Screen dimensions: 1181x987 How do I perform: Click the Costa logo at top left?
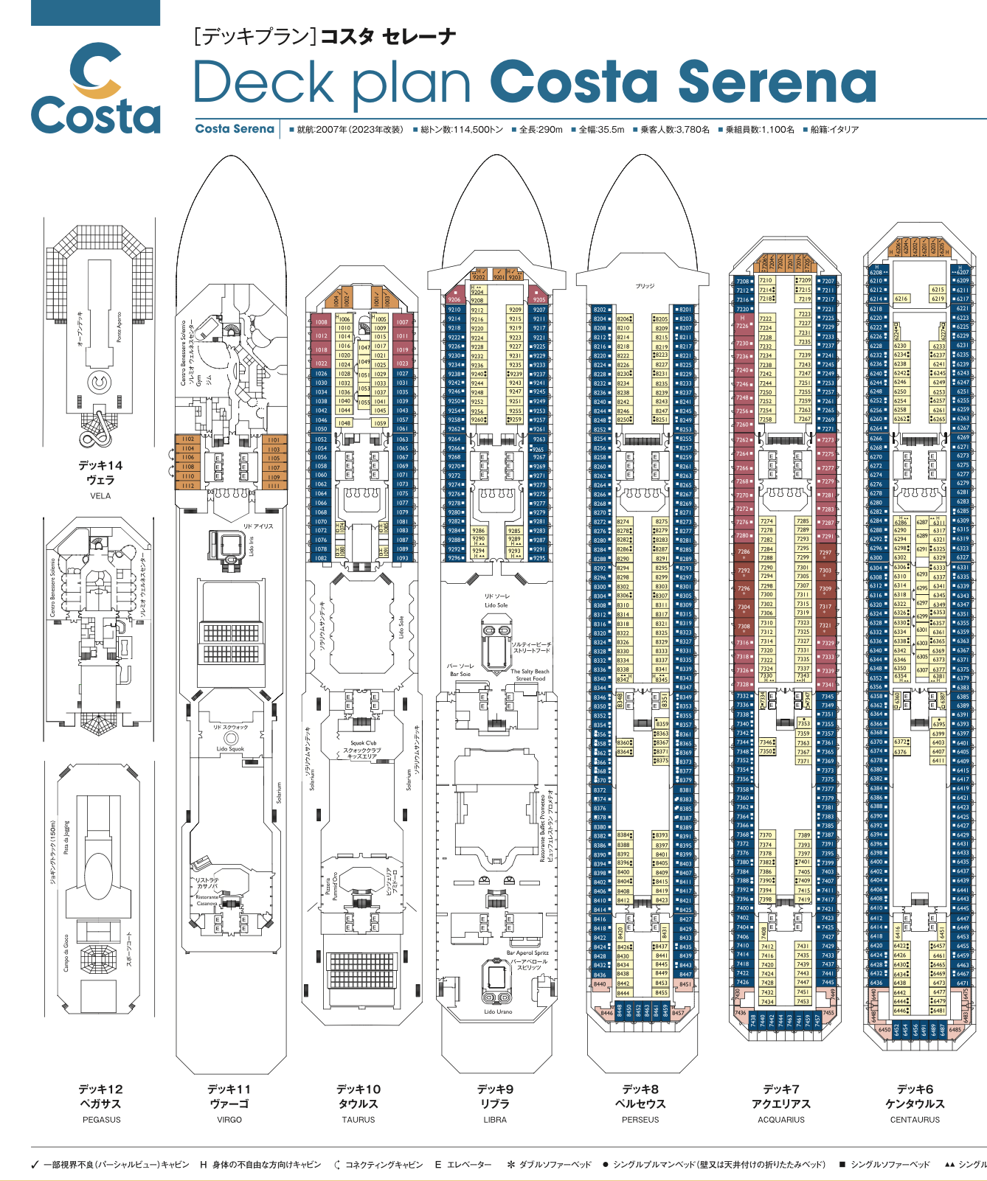click(95, 88)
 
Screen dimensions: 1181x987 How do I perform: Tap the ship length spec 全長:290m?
click(541, 130)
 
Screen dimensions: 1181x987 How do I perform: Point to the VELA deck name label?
click(100, 496)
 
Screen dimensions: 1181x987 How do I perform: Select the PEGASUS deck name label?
click(101, 1120)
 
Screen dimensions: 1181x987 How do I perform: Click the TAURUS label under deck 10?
click(359, 1120)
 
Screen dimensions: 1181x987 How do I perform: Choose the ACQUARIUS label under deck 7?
click(781, 1120)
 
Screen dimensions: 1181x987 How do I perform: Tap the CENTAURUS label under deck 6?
click(915, 1120)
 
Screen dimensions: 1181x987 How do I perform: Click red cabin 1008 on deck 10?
click(321, 322)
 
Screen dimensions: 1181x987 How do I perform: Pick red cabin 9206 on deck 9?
click(454, 299)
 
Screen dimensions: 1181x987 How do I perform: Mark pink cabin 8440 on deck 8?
click(600, 983)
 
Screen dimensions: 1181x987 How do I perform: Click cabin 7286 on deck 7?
click(743, 551)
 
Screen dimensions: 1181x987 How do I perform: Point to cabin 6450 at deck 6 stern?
click(884, 1030)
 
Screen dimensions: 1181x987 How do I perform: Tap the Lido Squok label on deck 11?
click(230, 749)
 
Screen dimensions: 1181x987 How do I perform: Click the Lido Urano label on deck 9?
click(498, 1012)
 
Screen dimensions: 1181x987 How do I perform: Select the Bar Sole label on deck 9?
click(460, 674)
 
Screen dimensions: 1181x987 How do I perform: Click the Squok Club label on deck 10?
click(363, 743)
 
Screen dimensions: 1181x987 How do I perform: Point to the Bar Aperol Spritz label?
click(527, 953)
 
